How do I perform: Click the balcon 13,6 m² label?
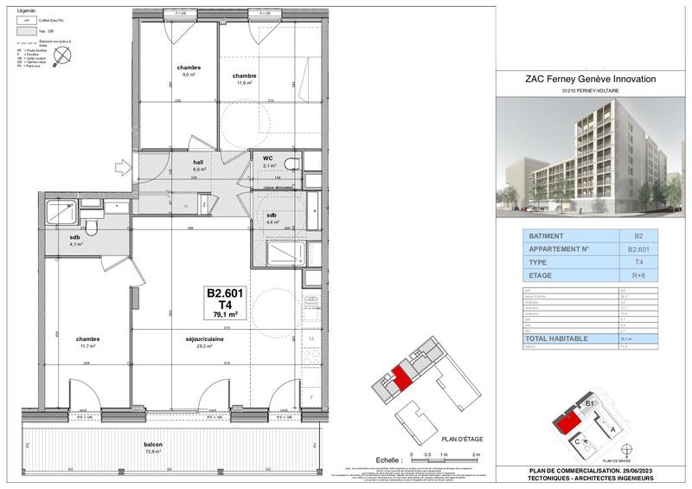154,448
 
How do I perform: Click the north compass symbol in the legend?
61,55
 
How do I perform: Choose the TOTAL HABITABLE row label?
558,339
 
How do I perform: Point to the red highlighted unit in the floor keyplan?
401,378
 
